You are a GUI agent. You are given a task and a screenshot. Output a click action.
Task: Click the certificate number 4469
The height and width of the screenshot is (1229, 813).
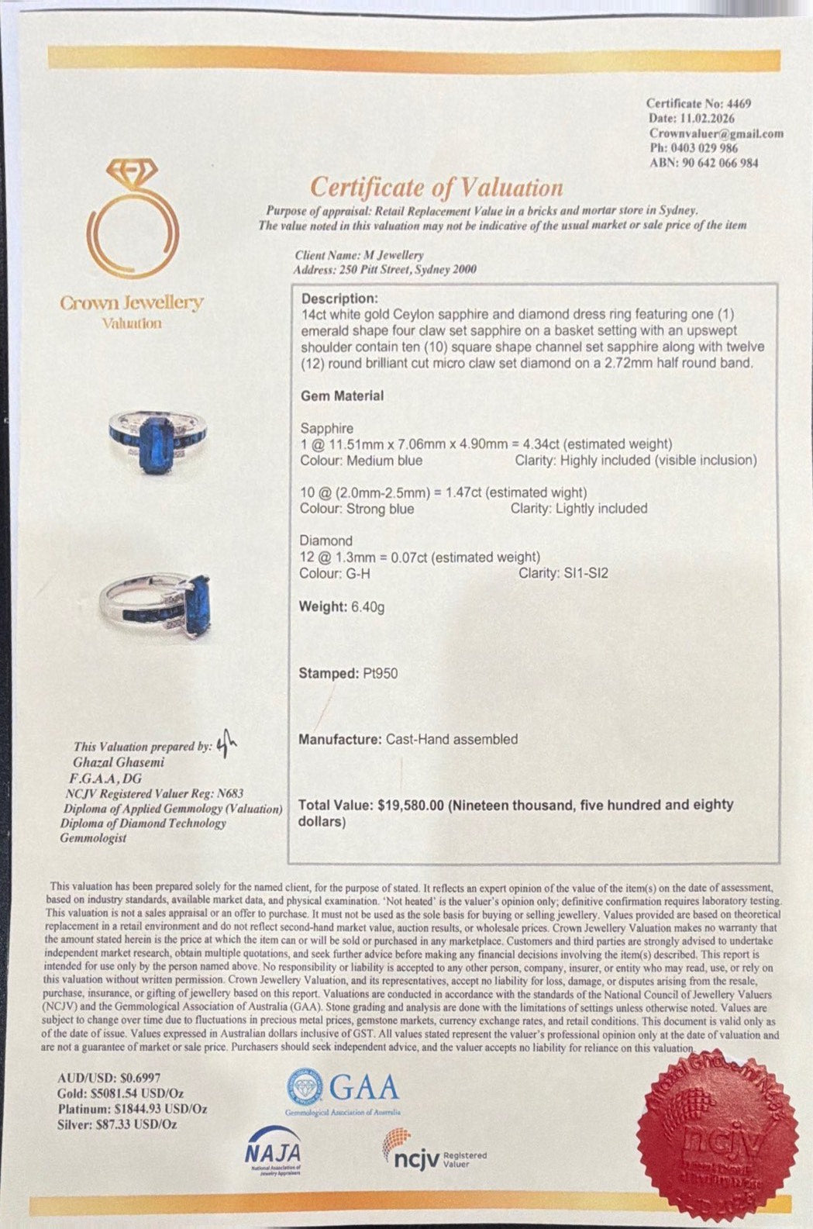pos(737,103)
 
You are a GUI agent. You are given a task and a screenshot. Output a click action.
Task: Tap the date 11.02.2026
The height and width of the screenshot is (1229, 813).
pos(707,118)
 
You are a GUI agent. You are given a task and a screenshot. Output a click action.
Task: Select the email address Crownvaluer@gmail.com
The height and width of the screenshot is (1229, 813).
pos(716,133)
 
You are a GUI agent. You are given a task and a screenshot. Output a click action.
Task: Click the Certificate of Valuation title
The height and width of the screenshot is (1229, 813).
pos(436,188)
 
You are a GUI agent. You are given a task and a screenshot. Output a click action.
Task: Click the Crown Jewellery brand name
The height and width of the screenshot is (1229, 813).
pos(132,303)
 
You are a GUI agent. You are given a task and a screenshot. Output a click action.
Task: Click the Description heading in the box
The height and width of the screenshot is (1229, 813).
pos(339,299)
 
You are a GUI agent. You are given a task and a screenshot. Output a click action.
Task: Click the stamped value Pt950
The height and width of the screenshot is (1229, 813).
pos(380,674)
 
